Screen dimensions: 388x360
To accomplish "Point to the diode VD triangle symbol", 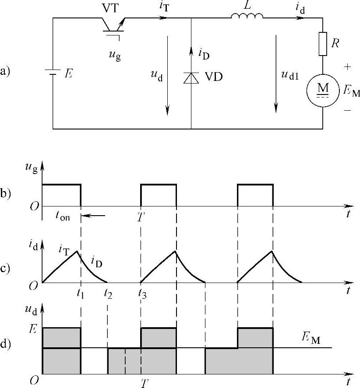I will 191,77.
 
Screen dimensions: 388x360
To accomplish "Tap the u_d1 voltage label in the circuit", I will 290,75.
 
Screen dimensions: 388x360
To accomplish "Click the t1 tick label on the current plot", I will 80,294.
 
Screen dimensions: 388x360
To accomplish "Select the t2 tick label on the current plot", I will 108,294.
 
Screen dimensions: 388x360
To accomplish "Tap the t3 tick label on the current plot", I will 142,294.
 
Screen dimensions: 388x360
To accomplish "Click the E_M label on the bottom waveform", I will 311,339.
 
